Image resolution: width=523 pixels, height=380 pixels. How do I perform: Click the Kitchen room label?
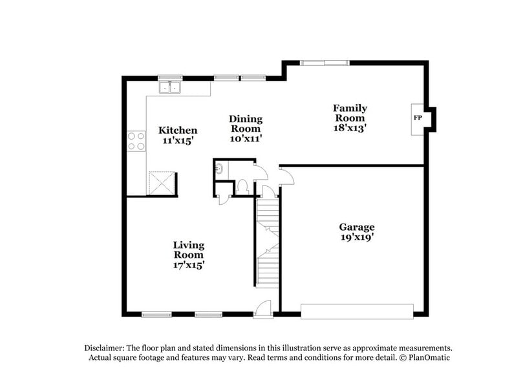pos(178,130)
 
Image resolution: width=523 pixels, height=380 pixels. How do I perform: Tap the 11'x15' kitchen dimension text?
pos(178,140)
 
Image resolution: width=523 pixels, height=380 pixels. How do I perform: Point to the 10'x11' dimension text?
pos(246,138)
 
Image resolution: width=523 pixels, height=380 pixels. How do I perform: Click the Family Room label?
pos(350,113)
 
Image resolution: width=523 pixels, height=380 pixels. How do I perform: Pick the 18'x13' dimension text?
pos(350,128)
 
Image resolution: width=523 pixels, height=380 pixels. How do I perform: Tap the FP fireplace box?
pos(418,118)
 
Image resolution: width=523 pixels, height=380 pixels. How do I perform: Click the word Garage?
pos(357,227)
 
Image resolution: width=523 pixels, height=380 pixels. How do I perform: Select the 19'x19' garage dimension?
pos(357,237)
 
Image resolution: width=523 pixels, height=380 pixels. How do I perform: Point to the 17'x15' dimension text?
pos(189,264)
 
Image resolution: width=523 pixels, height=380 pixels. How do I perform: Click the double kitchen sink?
pos(171,87)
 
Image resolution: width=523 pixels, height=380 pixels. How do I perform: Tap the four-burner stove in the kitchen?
pos(136,141)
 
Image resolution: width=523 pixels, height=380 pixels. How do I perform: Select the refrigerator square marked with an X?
pos(162,182)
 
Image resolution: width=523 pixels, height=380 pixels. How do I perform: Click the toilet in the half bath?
pos(243,187)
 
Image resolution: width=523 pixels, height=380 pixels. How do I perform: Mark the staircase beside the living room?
pos(267,242)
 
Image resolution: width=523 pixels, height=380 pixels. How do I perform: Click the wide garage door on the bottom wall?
pos(356,311)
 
